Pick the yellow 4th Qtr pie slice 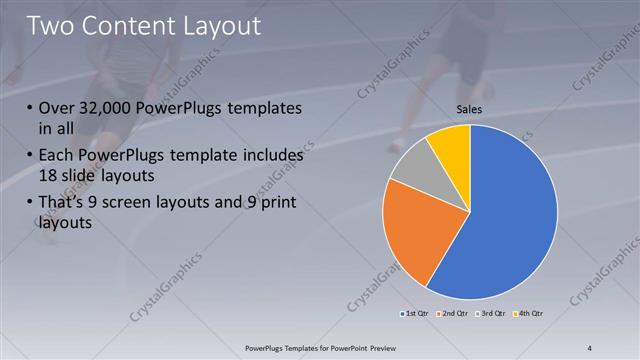[450, 145]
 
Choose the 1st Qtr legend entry [414, 315]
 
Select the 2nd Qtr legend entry [452, 315]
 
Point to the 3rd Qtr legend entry [490, 315]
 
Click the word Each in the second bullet [58, 156]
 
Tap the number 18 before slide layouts [49, 176]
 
